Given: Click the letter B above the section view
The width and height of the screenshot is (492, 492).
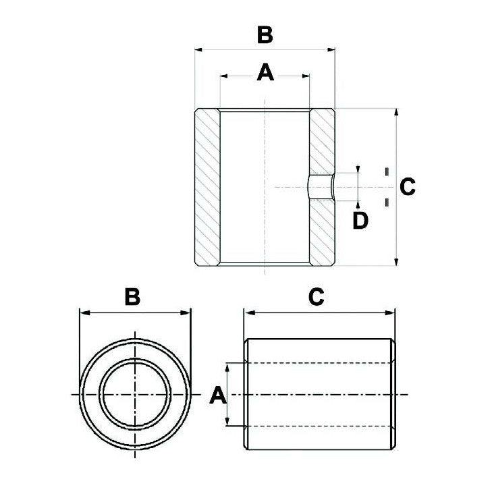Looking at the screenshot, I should coord(265,34).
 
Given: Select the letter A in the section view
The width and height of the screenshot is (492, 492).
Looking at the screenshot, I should coord(265,72).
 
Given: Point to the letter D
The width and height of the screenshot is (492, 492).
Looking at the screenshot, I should coord(361,221).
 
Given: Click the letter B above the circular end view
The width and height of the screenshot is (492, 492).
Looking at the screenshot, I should coord(133,296).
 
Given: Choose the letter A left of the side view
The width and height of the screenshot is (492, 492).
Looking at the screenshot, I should coord(217,395).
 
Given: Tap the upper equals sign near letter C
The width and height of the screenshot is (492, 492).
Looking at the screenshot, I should coord(386,171).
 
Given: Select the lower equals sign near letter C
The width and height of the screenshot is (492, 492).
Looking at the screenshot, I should coord(386,202).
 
